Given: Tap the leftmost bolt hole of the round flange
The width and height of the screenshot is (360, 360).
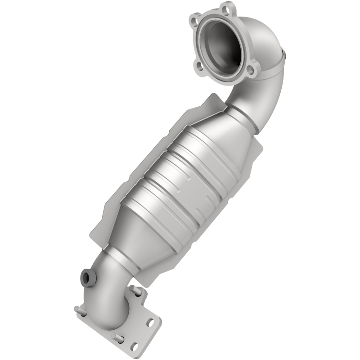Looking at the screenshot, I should click(195, 20).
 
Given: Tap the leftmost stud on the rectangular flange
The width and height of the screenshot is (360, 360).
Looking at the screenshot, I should click(78, 310).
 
